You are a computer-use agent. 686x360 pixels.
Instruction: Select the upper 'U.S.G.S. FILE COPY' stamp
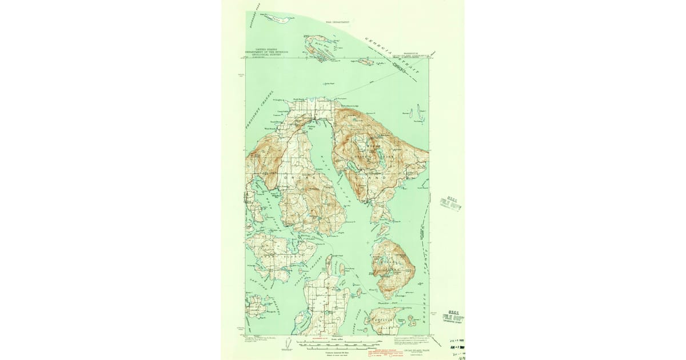coord(450,203)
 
